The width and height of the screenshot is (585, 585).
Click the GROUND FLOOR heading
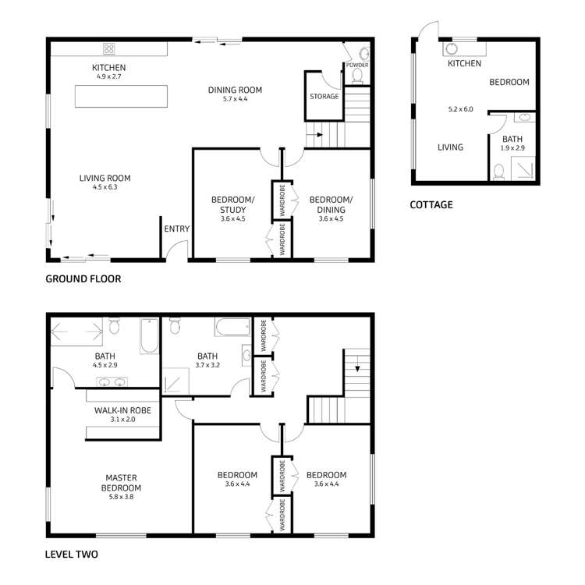point(83,278)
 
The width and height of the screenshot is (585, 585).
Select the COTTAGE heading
point(431,205)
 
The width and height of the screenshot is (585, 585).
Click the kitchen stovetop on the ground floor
point(108,48)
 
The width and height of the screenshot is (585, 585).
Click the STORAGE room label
point(324,97)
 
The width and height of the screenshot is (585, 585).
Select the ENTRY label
point(176,229)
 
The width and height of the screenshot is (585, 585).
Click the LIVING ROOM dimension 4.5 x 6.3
point(105,187)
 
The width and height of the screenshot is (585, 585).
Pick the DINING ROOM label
point(234,90)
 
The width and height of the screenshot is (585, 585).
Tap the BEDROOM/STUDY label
point(229,204)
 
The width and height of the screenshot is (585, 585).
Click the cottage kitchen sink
point(452,48)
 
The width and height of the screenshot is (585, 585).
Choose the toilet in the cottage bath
point(499,169)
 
